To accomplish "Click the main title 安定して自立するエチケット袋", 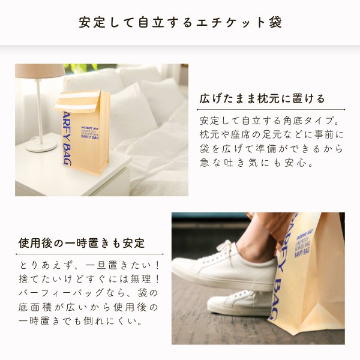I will point(180,23).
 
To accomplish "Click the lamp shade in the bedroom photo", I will point(38,71).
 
